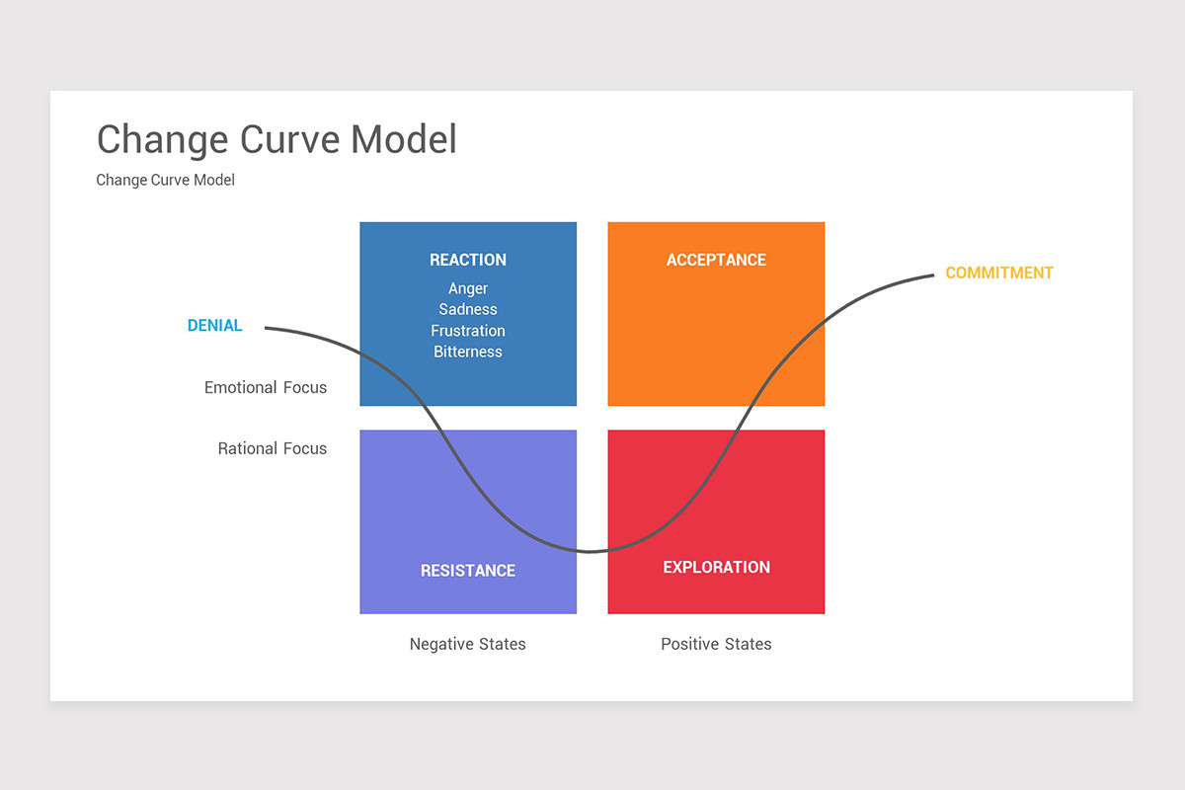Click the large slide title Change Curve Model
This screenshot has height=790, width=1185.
[276, 139]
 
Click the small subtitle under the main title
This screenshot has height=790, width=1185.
[165, 180]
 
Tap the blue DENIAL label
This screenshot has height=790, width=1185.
[214, 326]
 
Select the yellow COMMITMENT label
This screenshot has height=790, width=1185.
[999, 273]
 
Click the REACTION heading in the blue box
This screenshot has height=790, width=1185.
[468, 260]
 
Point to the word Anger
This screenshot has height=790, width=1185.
[468, 288]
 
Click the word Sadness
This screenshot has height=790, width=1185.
[468, 309]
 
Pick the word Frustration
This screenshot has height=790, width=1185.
[468, 331]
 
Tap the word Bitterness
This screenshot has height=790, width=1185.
[468, 352]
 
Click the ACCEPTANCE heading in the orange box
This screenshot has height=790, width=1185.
[716, 260]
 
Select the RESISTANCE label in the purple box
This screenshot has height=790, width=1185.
[468, 571]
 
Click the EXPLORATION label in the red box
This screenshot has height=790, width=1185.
[716, 567]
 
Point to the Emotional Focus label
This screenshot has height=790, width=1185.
[266, 387]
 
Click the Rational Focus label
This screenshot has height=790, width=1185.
[273, 448]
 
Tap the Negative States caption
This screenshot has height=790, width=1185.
[468, 644]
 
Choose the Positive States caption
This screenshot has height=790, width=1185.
[716, 644]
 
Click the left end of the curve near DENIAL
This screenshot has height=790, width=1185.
[268, 328]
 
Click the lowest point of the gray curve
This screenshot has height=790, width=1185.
[591, 551]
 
